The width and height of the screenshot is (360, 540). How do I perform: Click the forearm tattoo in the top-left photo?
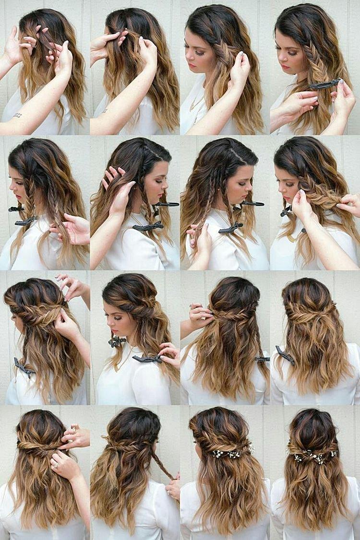click(x=18, y=115)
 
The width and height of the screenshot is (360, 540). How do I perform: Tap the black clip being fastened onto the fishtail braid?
click(x=324, y=85)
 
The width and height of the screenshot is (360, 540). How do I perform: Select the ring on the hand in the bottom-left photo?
click(x=54, y=465)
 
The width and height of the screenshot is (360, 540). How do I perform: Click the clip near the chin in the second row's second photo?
click(x=166, y=205)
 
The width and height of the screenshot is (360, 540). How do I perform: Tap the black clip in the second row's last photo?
click(x=286, y=211)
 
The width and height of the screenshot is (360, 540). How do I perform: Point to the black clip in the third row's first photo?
click(x=24, y=367)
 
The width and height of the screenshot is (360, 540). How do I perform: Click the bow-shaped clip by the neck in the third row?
click(x=117, y=341)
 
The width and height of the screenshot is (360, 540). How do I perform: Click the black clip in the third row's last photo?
click(x=285, y=355)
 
